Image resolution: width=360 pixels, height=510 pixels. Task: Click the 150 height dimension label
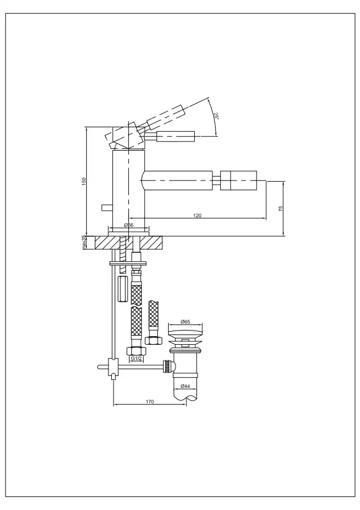pyautogui.click(x=84, y=181)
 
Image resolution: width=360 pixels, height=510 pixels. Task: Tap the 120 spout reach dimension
pyautogui.click(x=198, y=215)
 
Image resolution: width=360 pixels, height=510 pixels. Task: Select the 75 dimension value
pyautogui.click(x=281, y=208)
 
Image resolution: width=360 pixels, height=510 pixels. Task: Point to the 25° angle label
pyautogui.click(x=216, y=116)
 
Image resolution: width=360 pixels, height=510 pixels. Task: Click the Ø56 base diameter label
pyautogui.click(x=129, y=225)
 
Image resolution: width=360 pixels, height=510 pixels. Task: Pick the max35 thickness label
pyautogui.click(x=84, y=243)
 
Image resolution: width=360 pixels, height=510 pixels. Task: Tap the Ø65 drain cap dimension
pyautogui.click(x=185, y=321)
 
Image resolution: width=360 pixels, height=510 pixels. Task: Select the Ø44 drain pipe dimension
pyautogui.click(x=185, y=386)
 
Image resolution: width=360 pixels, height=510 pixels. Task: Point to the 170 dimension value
pyautogui.click(x=149, y=402)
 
